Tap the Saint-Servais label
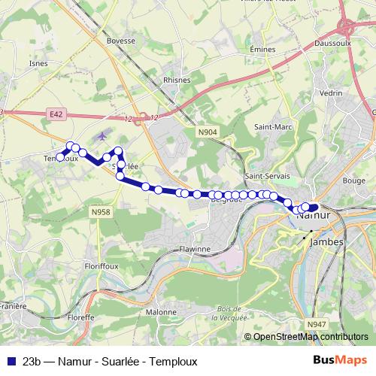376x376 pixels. point(263,177)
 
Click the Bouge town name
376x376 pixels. point(353,181)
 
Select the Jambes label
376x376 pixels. point(327,242)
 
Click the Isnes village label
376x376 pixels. point(38,63)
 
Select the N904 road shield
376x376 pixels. point(208,132)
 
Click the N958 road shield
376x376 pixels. point(99,213)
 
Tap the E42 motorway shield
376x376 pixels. point(54,114)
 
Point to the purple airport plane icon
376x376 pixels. point(102,137)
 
